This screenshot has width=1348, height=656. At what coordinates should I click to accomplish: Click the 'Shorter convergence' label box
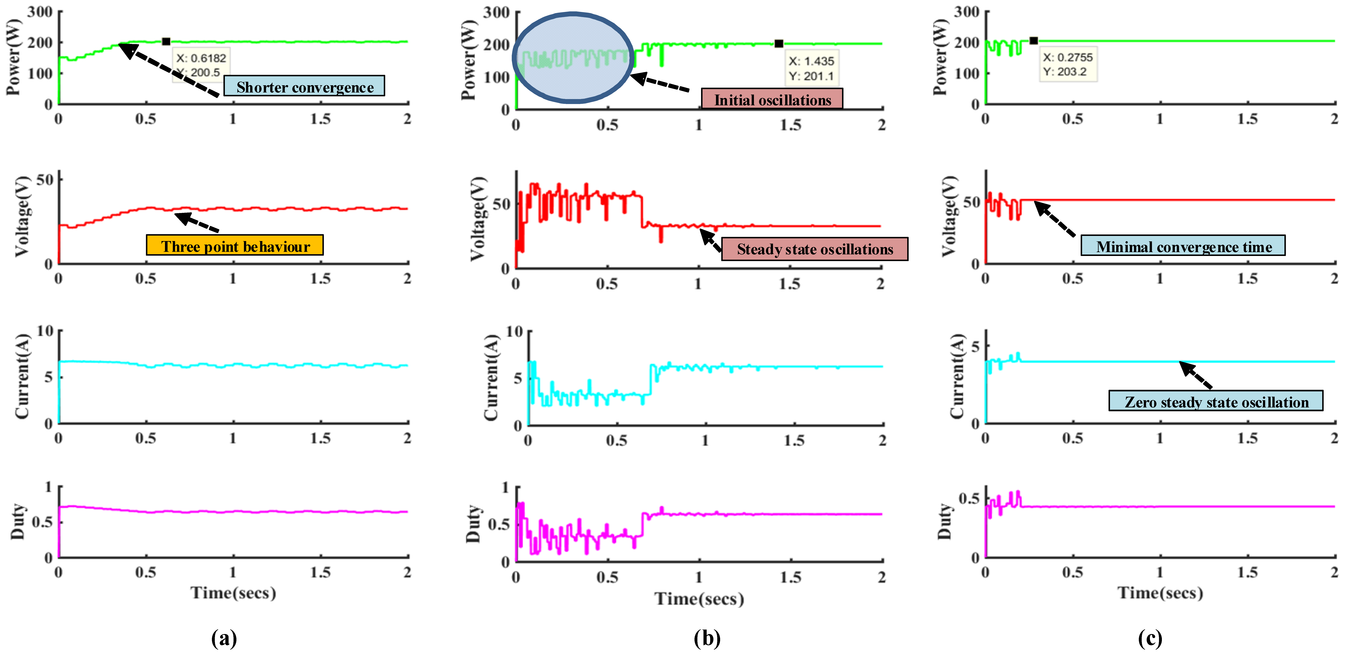point(304,86)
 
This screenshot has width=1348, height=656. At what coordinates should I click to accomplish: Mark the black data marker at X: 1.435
point(779,43)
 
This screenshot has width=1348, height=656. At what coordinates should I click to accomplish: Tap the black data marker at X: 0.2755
point(1033,40)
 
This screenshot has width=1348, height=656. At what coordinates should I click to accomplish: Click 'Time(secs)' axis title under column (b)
point(699,598)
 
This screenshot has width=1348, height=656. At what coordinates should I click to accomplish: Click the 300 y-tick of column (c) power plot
point(966,12)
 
